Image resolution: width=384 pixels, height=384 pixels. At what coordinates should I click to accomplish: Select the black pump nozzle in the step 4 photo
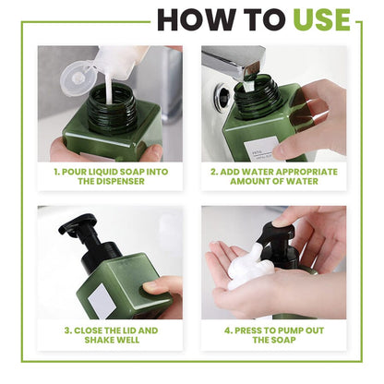[274, 236]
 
